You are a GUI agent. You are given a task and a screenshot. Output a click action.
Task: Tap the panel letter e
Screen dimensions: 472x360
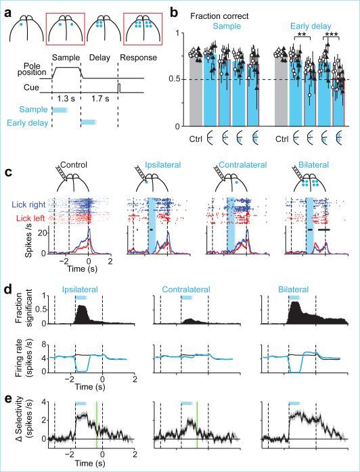click(x=7, y=399)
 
